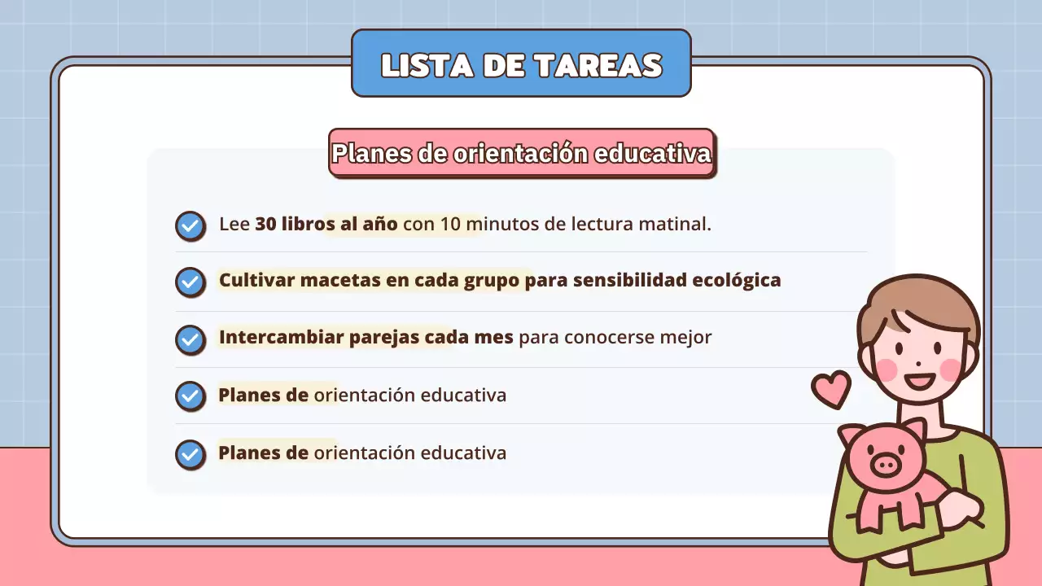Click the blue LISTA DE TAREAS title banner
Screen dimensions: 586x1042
tap(521, 63)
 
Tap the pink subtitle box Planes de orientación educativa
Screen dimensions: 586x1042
tap(521, 153)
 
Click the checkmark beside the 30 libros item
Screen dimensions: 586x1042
tap(190, 225)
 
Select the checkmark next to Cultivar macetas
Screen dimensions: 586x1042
tap(190, 282)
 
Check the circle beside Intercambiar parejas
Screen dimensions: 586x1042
tap(190, 339)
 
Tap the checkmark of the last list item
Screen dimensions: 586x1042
tap(190, 454)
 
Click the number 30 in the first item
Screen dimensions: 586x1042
tap(265, 224)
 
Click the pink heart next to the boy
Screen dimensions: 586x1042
tap(831, 388)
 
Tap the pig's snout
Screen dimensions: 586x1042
tap(886, 466)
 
